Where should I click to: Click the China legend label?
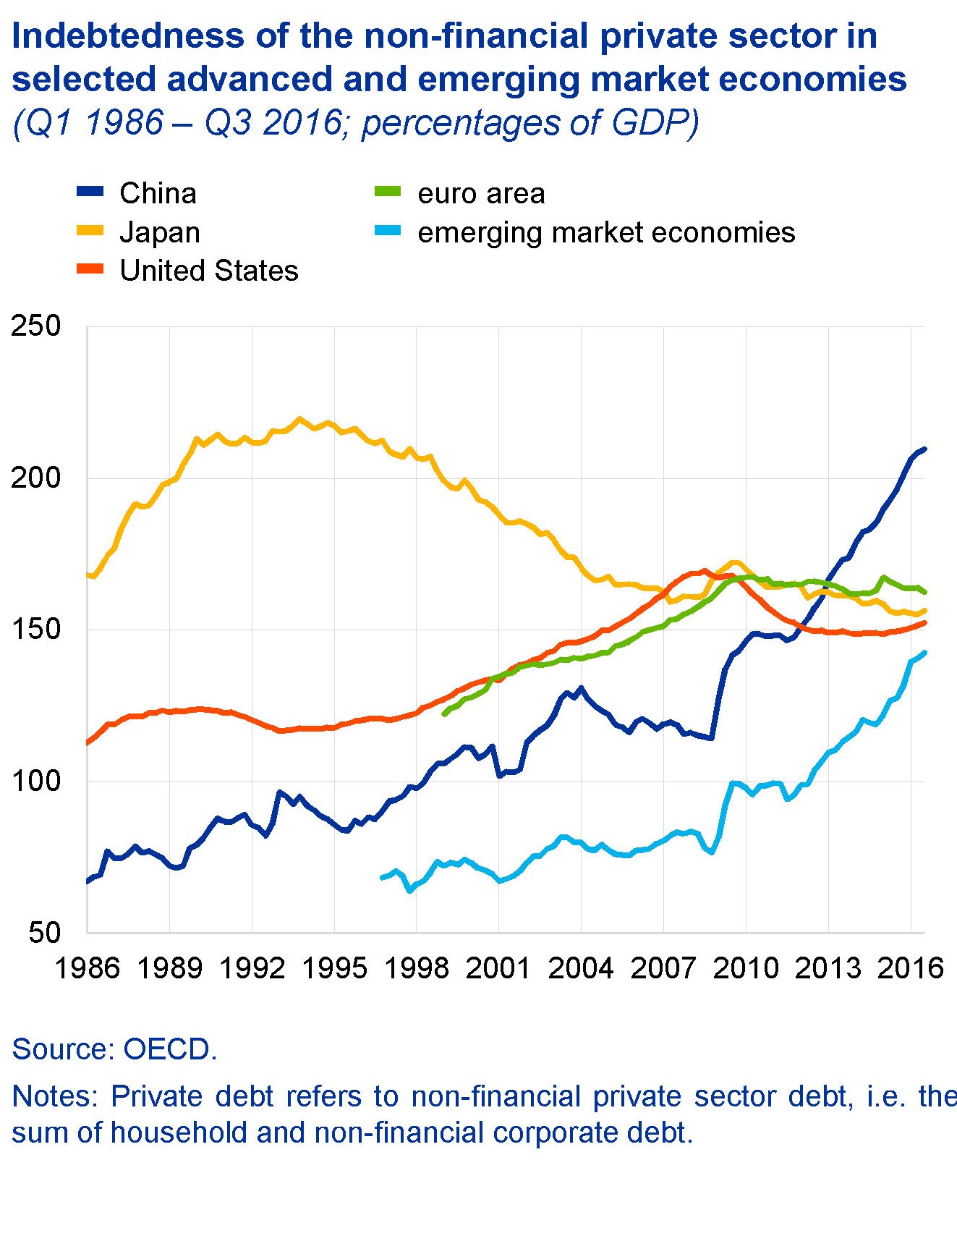click(158, 193)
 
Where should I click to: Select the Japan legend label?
click(159, 232)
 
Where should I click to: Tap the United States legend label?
click(208, 271)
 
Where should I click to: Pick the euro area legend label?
click(481, 193)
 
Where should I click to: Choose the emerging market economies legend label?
click(606, 232)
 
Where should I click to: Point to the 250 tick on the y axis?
click(36, 326)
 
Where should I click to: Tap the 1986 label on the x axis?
click(87, 968)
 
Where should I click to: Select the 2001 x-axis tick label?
click(498, 968)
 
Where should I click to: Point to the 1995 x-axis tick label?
click(334, 968)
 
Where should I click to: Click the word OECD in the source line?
click(170, 1049)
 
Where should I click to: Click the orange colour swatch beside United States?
click(90, 270)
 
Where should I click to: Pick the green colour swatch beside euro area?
click(387, 192)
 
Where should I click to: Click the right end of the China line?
click(924, 449)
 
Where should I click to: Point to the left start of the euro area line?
click(444, 714)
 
